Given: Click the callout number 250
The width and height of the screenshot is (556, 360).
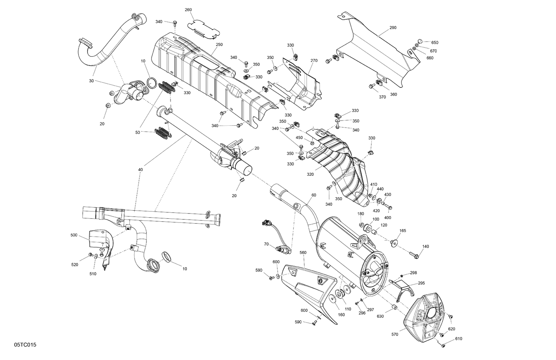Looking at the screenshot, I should click(219, 44).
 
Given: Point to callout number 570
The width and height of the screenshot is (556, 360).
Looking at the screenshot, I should click(394, 334).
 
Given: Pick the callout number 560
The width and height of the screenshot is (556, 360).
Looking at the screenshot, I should click(303, 252).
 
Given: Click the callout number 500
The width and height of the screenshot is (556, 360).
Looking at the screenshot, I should click(74, 235).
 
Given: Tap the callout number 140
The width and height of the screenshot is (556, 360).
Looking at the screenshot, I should click(426, 246).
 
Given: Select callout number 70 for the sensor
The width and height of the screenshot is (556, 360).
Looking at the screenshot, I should click(266, 244).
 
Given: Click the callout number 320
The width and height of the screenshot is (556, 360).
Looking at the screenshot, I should click(310, 174).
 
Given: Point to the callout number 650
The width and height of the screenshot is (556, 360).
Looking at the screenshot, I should click(434, 43).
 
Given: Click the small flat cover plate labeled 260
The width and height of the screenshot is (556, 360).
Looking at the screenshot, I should click(202, 29).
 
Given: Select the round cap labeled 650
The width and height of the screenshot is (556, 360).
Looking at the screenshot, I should click(420, 41).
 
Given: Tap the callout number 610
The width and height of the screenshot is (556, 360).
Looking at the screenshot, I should click(459, 338).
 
